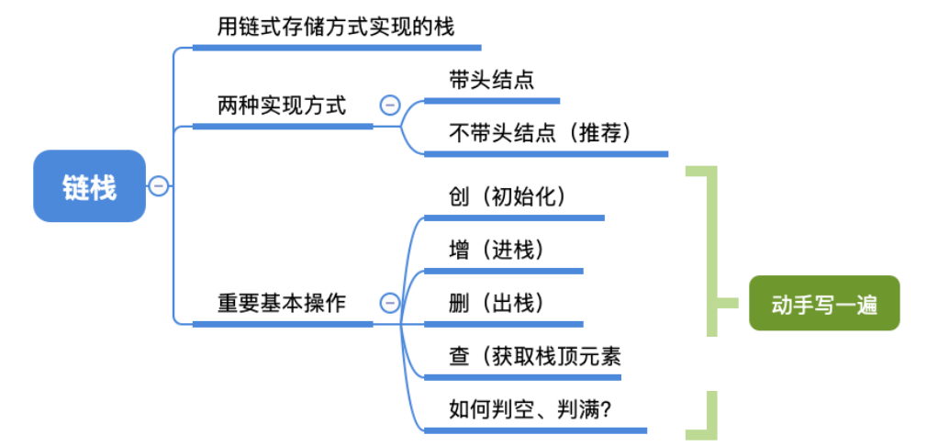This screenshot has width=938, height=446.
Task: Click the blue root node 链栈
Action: click(x=90, y=186)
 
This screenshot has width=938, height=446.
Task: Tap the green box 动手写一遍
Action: click(x=824, y=303)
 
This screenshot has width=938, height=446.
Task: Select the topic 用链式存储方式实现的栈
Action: click(x=336, y=27)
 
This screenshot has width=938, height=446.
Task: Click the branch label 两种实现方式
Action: click(x=282, y=105)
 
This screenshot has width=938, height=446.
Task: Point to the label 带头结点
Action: click(x=492, y=80)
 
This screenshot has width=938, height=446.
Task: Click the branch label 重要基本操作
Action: click(x=282, y=302)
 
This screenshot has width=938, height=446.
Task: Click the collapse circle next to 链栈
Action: click(x=158, y=186)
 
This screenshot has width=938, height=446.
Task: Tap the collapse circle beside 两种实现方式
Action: click(x=389, y=105)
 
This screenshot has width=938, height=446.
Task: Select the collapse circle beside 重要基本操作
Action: click(x=389, y=302)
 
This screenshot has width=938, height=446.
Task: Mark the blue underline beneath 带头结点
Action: click(x=491, y=100)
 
